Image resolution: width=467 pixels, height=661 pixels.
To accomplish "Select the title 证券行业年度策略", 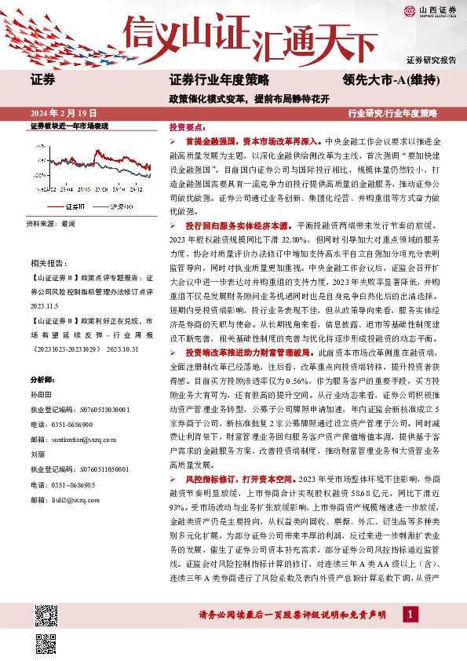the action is coord(219,79).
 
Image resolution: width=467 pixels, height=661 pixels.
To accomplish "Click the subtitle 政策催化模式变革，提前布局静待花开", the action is coord(245,98).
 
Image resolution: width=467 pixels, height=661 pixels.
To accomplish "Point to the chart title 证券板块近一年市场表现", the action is coord(68,126).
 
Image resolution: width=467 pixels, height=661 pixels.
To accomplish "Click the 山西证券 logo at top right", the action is coord(430,10).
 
